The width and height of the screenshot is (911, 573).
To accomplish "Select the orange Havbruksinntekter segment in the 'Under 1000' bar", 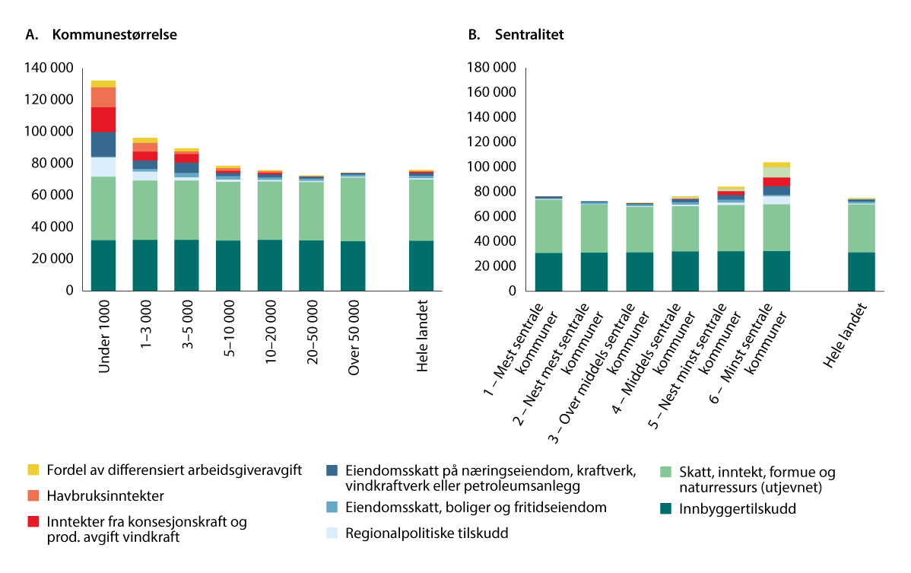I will [103, 97].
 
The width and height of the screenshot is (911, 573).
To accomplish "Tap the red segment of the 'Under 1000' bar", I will [103, 119].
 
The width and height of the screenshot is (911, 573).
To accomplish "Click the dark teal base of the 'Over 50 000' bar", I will [351, 266].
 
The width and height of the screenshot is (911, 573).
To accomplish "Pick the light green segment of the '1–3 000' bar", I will [145, 210].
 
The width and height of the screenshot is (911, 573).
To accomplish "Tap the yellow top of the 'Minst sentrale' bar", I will [776, 164].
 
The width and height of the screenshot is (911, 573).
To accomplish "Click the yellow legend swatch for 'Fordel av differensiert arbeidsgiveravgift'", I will [33, 470].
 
